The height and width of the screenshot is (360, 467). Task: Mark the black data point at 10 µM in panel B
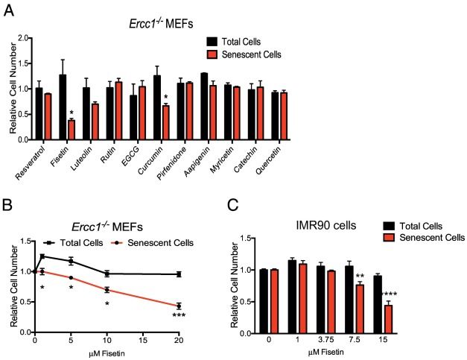tap(107, 274)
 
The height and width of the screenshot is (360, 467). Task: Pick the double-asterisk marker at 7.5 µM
tap(359, 276)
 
